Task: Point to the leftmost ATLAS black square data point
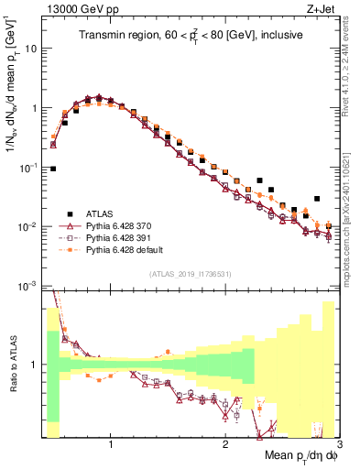tap(53, 169)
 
